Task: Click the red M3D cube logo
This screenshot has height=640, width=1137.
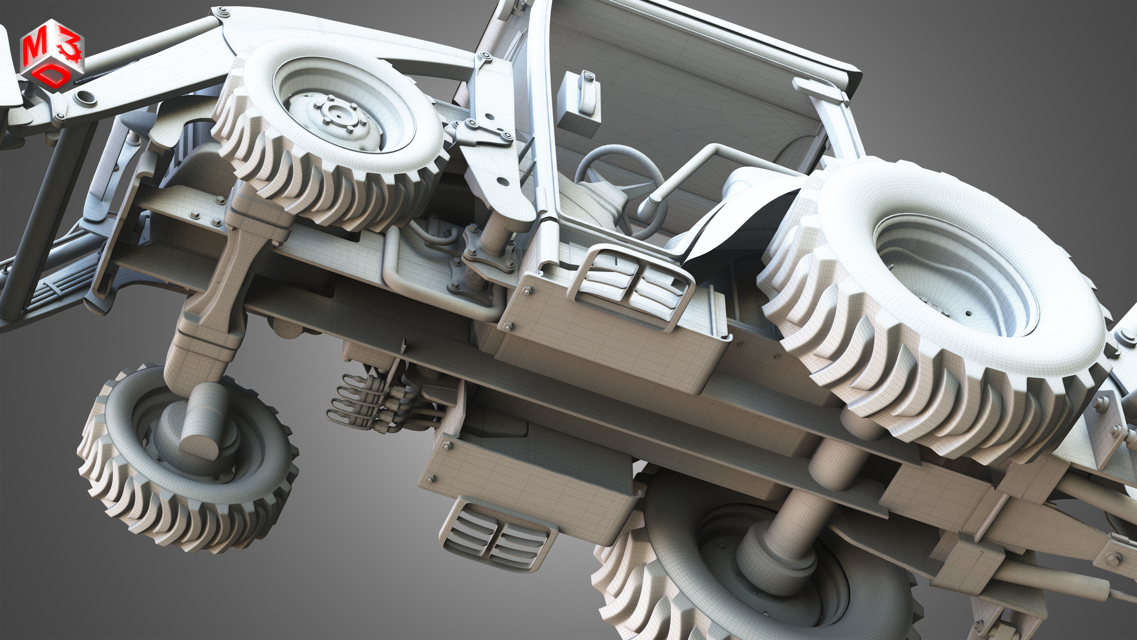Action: (x=52, y=52)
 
